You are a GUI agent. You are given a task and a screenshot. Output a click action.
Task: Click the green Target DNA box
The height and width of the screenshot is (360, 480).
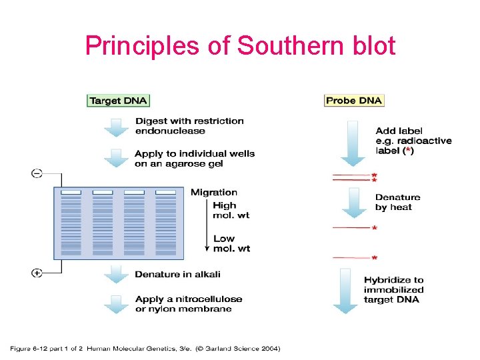(x=119, y=101)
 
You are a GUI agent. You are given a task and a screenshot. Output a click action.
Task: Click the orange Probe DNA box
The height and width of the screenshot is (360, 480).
(x=354, y=101)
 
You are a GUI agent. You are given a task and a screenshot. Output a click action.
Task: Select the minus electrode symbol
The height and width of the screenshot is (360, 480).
(x=37, y=173)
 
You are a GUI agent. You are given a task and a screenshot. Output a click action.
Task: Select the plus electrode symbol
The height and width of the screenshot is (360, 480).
(x=37, y=272)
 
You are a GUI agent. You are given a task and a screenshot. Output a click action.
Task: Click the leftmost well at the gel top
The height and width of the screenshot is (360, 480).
(x=71, y=193)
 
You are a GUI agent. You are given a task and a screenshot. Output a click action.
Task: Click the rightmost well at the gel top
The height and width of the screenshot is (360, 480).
(x=165, y=193)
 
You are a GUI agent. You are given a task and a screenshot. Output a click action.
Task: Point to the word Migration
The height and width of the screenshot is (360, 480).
(x=214, y=193)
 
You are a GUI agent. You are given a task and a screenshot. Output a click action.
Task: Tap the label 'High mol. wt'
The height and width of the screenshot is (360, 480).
(x=231, y=211)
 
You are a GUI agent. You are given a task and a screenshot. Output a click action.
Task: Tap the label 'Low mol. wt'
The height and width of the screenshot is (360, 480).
(x=231, y=243)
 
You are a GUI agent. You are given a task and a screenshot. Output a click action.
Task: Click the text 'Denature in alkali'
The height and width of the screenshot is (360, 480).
(x=177, y=274)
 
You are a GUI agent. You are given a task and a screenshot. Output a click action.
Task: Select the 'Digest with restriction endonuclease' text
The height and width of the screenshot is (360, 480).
(x=189, y=126)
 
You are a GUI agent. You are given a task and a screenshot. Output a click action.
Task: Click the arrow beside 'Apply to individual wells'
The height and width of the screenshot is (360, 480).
(x=118, y=158)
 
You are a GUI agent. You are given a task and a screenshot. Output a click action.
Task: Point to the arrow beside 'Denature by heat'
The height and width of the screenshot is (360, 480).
(x=353, y=201)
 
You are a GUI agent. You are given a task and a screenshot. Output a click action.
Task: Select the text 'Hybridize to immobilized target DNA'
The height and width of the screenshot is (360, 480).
(x=393, y=290)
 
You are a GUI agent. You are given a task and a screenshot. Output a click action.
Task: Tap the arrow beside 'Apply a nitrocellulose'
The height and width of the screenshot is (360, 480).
(x=118, y=303)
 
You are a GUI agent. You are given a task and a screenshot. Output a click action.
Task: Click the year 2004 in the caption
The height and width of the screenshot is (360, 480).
(x=269, y=348)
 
